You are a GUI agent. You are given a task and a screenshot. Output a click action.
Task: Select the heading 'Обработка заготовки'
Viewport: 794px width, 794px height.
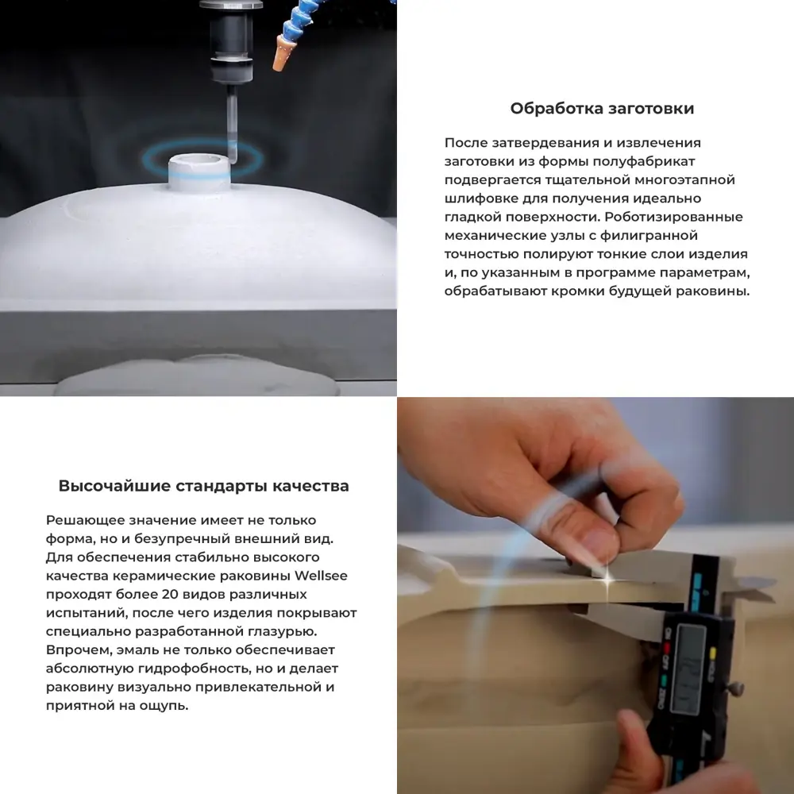pyautogui.click(x=602, y=109)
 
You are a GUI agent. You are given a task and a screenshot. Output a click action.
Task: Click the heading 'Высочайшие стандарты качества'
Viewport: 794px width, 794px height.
pyautogui.click(x=203, y=486)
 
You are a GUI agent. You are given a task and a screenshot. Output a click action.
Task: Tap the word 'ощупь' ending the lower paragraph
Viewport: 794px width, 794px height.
pyautogui.click(x=166, y=705)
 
